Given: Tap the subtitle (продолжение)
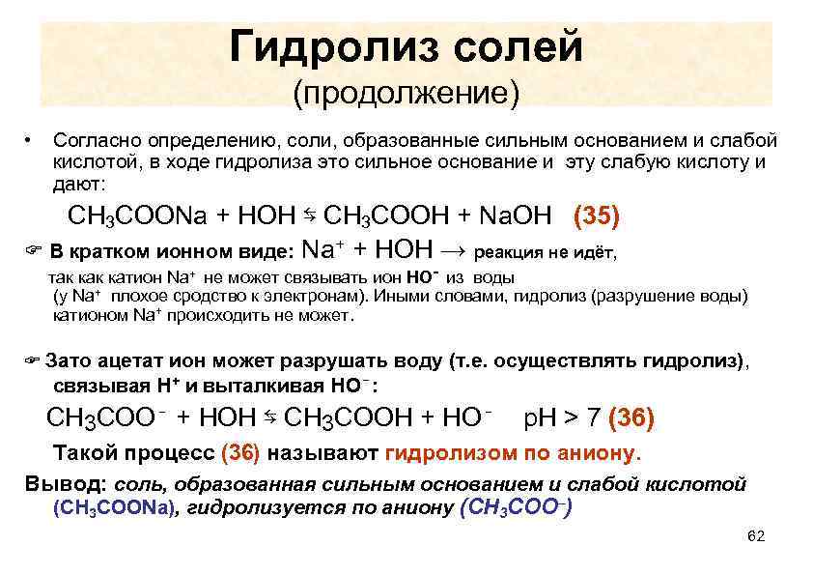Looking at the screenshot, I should pos(406,94).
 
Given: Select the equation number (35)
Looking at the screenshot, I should pos(597,216).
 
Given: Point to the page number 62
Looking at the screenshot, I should pos(756,536).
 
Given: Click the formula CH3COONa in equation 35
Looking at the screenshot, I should pos(136,216).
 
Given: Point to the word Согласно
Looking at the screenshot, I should pos(97,141).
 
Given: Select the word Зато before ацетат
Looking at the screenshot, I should pos(68,361).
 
